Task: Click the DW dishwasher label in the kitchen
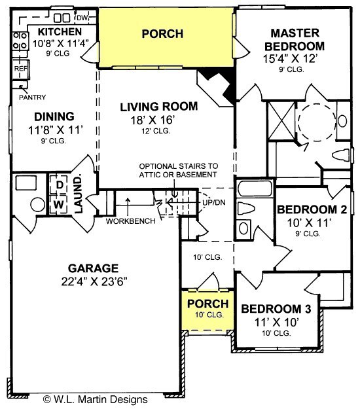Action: click(x=82, y=18)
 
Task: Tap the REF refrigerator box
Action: click(x=21, y=69)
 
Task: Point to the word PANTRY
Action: click(x=32, y=98)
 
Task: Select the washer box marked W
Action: click(x=59, y=204)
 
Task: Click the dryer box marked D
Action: click(x=60, y=185)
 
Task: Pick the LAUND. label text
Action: click(x=79, y=194)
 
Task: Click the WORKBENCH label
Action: click(x=130, y=221)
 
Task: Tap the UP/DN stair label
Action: click(x=214, y=202)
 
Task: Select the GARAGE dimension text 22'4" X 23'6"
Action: click(x=94, y=281)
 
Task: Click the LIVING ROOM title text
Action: click(x=159, y=107)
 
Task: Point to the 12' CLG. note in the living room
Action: click(x=156, y=131)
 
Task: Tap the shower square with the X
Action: click(x=281, y=121)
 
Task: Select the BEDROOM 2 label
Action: click(x=312, y=209)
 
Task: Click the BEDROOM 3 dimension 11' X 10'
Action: click(x=276, y=322)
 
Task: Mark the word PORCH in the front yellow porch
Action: click(x=207, y=304)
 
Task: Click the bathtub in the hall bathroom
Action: click(x=255, y=188)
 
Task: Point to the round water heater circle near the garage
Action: click(x=38, y=204)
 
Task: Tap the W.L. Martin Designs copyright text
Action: click(x=95, y=399)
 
